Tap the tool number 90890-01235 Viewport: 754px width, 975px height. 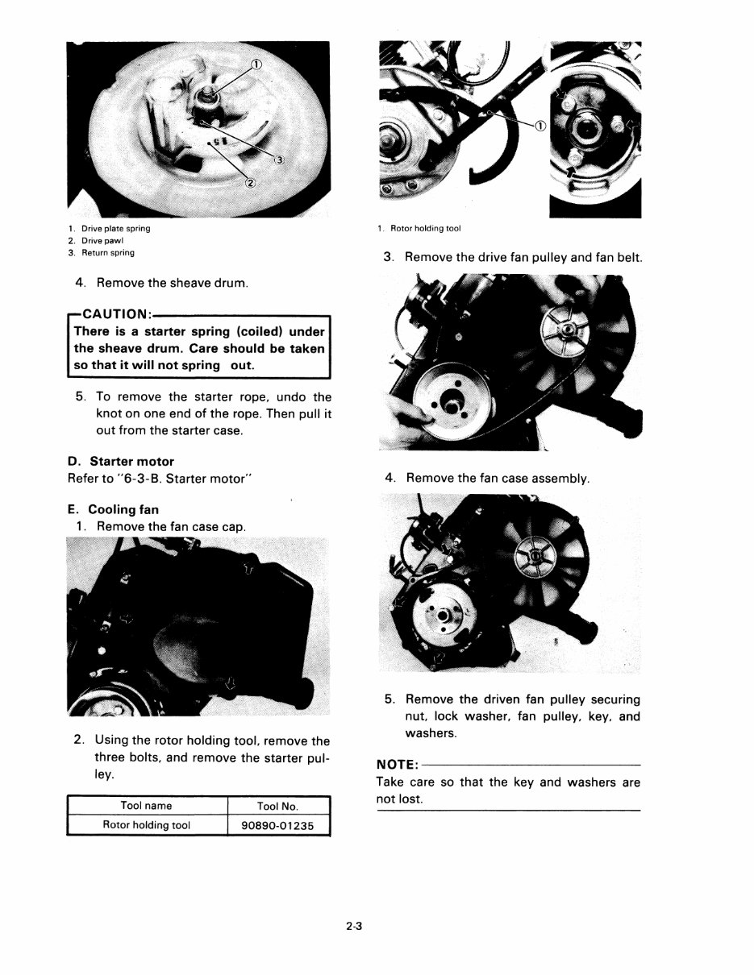click(278, 825)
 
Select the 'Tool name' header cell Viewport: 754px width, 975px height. click(146, 805)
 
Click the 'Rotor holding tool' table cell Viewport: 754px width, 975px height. click(146, 825)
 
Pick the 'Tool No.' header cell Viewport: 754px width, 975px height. click(278, 805)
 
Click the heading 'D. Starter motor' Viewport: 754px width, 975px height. click(121, 462)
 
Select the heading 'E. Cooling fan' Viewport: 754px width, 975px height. click(114, 509)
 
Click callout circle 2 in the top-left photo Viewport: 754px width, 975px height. click(250, 183)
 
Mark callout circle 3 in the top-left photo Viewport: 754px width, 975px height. click(278, 160)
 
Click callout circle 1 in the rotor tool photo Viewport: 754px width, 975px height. click(539, 125)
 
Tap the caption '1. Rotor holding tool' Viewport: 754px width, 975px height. click(419, 228)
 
